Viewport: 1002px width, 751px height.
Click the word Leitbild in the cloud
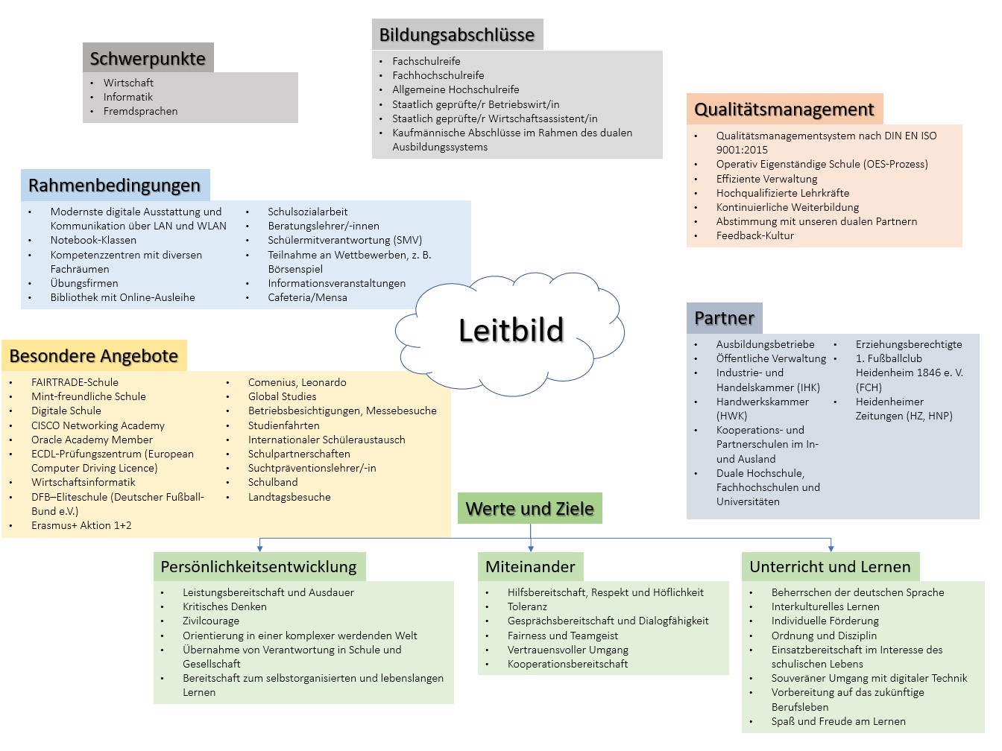pos(511,330)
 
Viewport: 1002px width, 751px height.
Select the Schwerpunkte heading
pos(148,58)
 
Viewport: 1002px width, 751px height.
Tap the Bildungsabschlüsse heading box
pos(457,34)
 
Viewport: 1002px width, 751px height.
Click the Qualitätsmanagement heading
pos(784,110)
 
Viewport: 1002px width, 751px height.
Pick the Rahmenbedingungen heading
pos(115,186)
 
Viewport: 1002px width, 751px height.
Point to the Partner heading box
pos(724,318)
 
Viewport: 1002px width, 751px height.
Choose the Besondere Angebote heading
pos(94,356)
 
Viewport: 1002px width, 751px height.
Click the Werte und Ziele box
pos(529,509)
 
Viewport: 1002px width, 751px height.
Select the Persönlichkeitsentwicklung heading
pos(259,567)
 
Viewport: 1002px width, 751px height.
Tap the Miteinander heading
pos(530,567)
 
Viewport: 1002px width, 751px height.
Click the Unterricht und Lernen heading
pos(830,567)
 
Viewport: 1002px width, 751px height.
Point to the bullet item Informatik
pos(128,97)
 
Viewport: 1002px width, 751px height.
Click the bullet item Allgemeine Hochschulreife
pos(456,89)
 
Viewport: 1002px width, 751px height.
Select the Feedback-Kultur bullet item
pos(754,235)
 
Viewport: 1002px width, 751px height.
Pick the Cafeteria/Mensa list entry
pos(307,297)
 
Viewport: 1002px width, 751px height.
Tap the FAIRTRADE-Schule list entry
pos(75,382)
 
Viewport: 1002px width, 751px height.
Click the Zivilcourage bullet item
pos(211,621)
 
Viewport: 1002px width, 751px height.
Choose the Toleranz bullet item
pos(527,606)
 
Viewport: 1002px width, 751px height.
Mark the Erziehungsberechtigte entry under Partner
pos(908,344)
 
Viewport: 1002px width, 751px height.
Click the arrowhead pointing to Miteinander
pos(531,548)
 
